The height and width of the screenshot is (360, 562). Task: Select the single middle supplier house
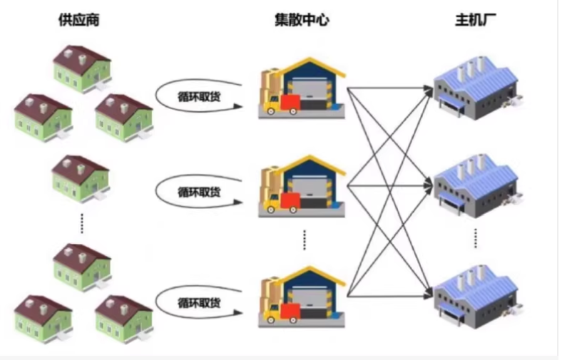80,176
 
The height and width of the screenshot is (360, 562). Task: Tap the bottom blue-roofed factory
474,294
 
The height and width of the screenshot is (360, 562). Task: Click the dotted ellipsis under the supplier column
81,222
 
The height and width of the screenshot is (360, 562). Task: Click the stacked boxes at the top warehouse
269,86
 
